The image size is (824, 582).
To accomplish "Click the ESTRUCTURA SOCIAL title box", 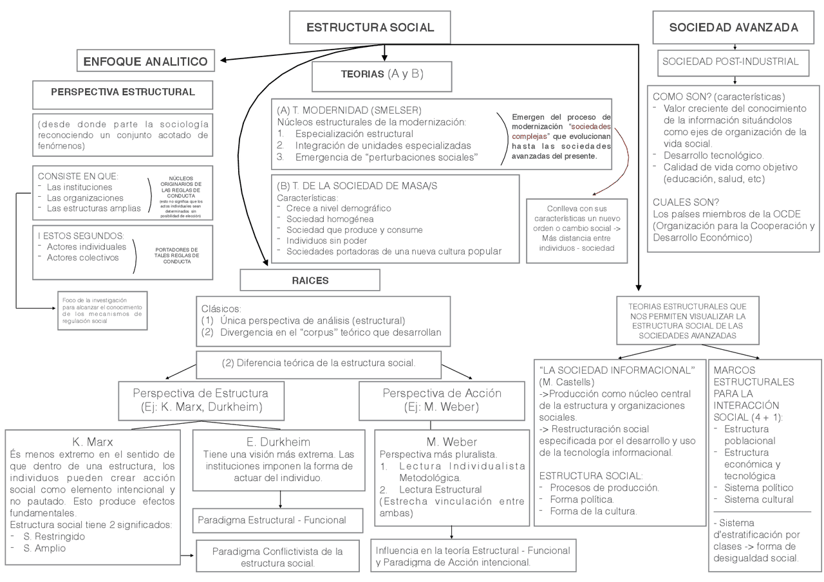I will click(x=370, y=28).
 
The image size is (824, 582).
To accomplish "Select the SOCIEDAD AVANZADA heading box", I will click(x=734, y=28).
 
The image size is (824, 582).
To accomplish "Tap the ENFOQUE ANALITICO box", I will click(x=145, y=62).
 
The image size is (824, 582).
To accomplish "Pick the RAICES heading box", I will click(x=310, y=280).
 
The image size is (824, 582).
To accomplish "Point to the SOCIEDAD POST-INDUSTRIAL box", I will click(x=730, y=62).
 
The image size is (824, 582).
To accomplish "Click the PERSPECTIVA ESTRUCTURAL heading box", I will click(x=122, y=92).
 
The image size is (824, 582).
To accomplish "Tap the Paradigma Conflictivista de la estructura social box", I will click(x=277, y=557).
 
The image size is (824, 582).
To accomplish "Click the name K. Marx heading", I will click(x=93, y=442).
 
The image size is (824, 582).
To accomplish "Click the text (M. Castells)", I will click(x=565, y=382).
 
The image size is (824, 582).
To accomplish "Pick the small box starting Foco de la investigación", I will click(x=102, y=310).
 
